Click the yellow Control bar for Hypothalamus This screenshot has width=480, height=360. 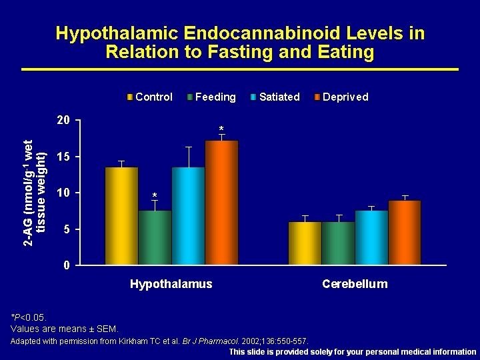(x=121, y=216)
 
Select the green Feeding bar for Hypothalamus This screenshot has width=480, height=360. (x=155, y=237)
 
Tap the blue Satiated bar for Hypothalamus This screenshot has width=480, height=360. (x=188, y=216)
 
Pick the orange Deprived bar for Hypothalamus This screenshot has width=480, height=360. (x=221, y=203)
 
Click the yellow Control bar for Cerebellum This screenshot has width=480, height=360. (x=305, y=243)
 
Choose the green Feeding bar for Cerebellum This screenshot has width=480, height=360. (x=339, y=243)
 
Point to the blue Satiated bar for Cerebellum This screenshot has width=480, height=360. (x=372, y=237)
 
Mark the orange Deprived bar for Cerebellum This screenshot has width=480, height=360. (x=405, y=233)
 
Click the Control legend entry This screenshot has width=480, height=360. (x=150, y=97)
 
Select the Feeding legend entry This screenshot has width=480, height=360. (x=211, y=97)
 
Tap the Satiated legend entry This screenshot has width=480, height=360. (x=275, y=97)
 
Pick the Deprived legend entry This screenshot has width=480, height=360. (x=341, y=97)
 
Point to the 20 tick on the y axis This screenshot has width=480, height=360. (x=63, y=120)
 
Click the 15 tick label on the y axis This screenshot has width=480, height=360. (x=63, y=157)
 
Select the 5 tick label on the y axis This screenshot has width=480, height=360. (x=67, y=229)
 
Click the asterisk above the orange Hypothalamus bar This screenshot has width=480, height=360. (x=221, y=129)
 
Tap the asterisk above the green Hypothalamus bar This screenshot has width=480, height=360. (x=155, y=195)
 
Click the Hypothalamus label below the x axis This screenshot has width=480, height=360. (x=171, y=284)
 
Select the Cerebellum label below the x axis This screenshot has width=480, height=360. (x=355, y=284)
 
